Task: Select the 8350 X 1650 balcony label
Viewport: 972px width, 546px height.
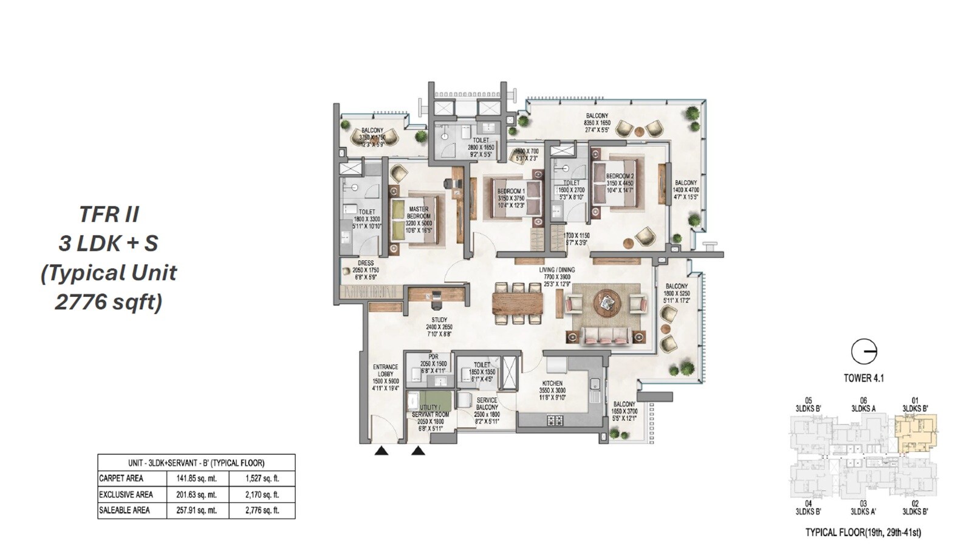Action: pyautogui.click(x=597, y=123)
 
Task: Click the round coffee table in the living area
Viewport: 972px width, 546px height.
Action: pyautogui.click(x=607, y=301)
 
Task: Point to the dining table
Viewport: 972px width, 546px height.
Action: pyautogui.click(x=518, y=302)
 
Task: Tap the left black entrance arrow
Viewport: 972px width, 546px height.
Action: pyautogui.click(x=381, y=451)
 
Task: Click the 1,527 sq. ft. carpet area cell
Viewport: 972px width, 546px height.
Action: pyautogui.click(x=262, y=479)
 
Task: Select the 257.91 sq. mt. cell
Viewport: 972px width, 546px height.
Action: pyautogui.click(x=197, y=510)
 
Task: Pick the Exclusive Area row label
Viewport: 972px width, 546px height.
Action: pyautogui.click(x=126, y=494)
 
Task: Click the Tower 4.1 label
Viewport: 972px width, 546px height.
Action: pyautogui.click(x=863, y=378)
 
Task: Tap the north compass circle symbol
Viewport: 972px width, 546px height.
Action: pyautogui.click(x=863, y=352)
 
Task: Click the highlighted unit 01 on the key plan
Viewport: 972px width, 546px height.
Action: pyautogui.click(x=916, y=432)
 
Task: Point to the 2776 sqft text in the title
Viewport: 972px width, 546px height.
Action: pyautogui.click(x=108, y=302)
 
